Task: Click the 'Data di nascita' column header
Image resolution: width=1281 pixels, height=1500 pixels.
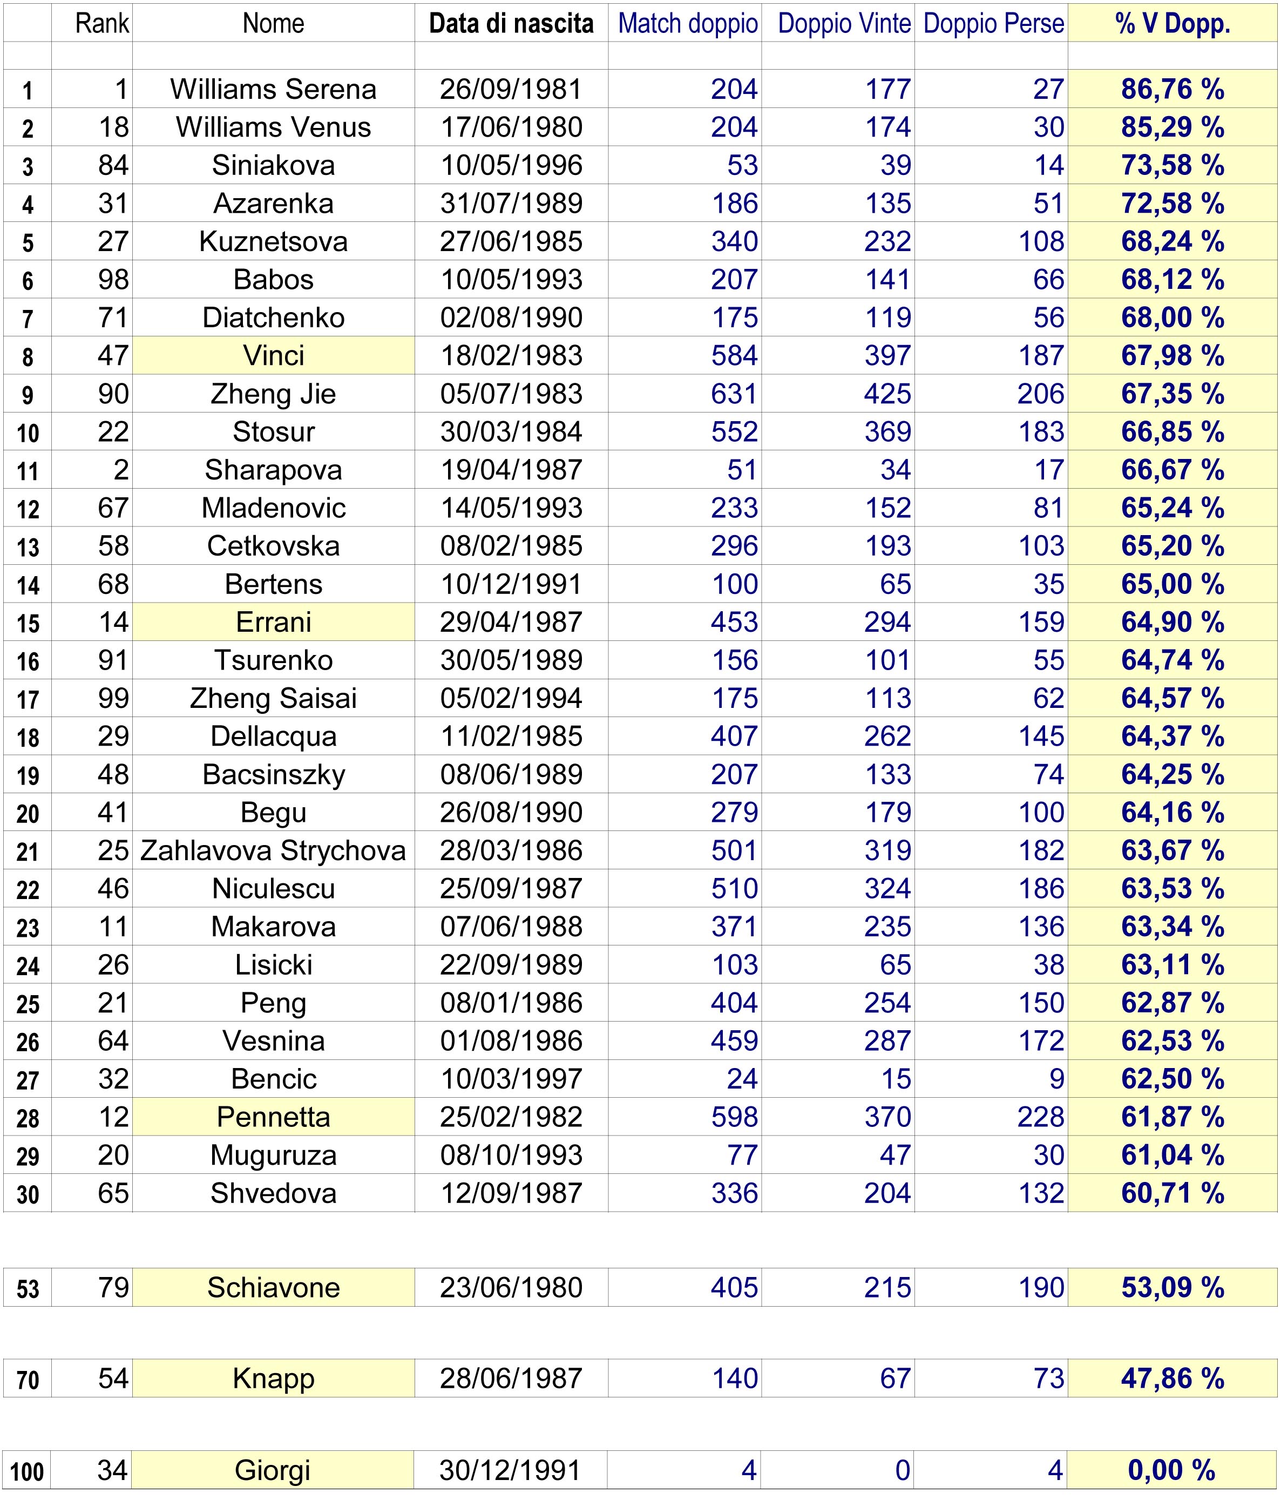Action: click(x=511, y=24)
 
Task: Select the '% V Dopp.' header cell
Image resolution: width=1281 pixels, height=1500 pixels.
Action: click(x=1172, y=24)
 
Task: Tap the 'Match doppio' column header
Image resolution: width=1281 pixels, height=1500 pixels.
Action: click(x=688, y=24)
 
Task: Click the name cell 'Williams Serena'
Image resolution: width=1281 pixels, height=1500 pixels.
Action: click(x=274, y=89)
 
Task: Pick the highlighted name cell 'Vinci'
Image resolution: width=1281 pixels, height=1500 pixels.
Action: click(x=274, y=355)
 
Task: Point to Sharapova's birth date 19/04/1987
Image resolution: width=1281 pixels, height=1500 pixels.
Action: click(x=511, y=470)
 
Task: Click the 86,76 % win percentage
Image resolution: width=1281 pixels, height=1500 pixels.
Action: click(x=1172, y=89)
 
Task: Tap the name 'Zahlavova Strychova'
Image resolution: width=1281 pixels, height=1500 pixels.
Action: click(x=274, y=850)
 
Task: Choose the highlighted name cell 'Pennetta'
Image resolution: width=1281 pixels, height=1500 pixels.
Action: click(x=274, y=1117)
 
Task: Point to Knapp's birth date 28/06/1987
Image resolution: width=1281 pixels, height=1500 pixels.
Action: click(x=511, y=1379)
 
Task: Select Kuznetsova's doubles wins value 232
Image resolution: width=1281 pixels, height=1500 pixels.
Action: click(x=887, y=242)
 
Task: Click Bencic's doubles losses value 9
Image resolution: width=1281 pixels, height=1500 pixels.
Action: click(x=1056, y=1079)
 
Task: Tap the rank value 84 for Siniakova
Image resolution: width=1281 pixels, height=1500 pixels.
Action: click(x=113, y=166)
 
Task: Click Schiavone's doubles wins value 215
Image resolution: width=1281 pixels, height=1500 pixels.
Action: click(x=887, y=1288)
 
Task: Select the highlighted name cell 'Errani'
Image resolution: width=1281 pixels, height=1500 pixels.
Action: click(x=274, y=622)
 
